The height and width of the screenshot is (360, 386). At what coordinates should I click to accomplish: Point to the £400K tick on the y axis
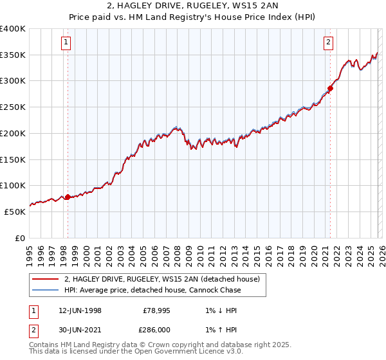(x=13, y=29)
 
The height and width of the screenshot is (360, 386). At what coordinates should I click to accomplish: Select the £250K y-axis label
(x=13, y=107)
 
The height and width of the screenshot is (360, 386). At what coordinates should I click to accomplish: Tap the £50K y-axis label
(x=15, y=212)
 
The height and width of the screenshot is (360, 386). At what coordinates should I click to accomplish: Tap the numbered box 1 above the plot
(x=67, y=43)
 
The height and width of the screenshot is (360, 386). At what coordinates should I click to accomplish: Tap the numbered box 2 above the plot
(x=328, y=43)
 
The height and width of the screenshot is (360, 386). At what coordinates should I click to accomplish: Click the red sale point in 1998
(x=68, y=197)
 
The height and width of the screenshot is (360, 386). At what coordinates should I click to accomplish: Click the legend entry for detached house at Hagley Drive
(x=161, y=279)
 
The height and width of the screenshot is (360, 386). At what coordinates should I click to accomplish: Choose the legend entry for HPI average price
(x=152, y=291)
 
